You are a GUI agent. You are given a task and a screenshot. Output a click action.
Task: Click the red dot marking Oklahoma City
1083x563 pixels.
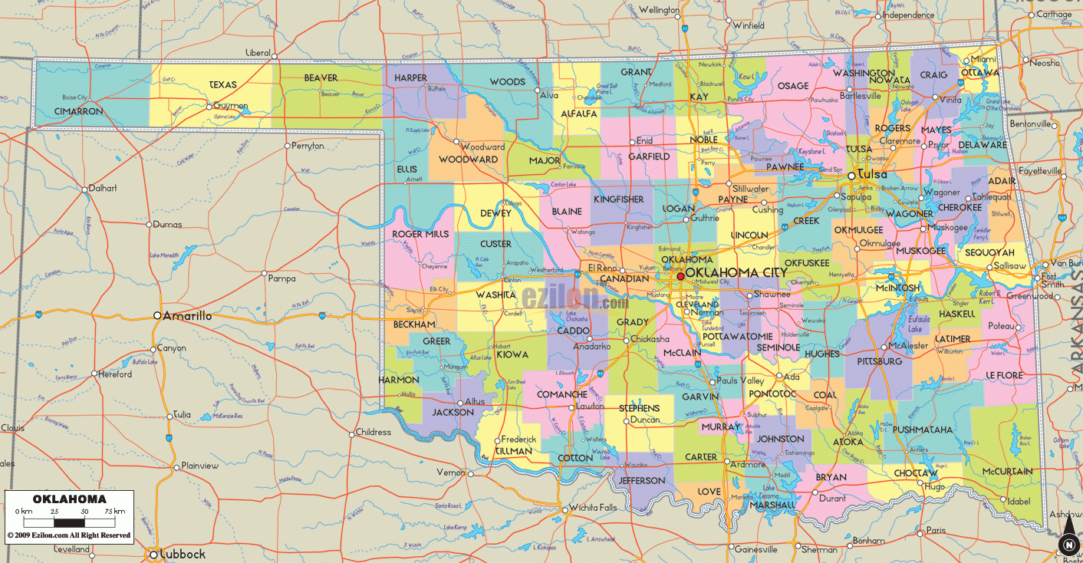click(x=680, y=276)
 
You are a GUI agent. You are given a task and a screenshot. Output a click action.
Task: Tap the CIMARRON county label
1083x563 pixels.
click(x=78, y=111)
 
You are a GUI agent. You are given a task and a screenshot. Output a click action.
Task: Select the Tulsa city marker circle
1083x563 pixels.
click(x=851, y=176)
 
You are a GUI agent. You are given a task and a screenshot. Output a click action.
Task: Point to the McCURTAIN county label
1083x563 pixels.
click(x=1008, y=472)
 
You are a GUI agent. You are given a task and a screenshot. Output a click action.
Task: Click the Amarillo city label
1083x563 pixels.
click(x=187, y=315)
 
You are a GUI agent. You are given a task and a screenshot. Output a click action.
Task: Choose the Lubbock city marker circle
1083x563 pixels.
click(x=153, y=554)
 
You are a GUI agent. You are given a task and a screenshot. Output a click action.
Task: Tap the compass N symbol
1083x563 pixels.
click(x=1067, y=545)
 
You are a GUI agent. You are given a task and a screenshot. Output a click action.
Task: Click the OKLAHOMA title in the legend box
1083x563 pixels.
click(x=70, y=499)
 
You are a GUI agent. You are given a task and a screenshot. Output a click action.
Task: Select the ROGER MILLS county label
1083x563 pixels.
click(x=420, y=234)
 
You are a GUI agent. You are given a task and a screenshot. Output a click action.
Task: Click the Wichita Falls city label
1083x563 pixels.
click(x=592, y=508)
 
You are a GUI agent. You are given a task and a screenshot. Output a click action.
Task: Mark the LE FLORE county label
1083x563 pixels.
click(x=1004, y=374)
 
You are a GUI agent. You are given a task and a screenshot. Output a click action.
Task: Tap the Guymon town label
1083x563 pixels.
click(x=231, y=106)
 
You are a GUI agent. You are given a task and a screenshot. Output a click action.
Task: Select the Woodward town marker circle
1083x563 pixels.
click(x=456, y=141)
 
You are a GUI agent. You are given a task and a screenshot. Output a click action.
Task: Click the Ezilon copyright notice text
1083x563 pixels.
click(x=69, y=535)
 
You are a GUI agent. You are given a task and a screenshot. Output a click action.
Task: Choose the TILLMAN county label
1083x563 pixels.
click(x=513, y=451)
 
